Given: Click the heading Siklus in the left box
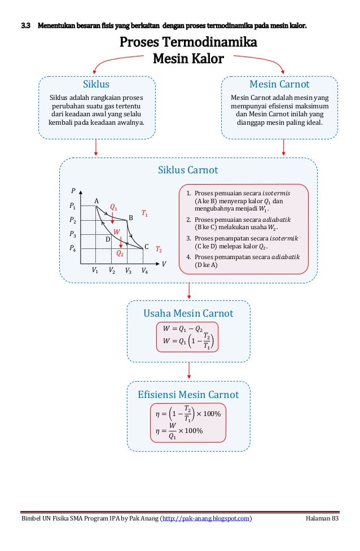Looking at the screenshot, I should click(x=96, y=85).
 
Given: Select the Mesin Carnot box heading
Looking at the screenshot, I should click(x=279, y=85).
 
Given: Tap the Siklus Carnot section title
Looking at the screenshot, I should click(x=188, y=170).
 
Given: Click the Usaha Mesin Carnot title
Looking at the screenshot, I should click(x=188, y=313).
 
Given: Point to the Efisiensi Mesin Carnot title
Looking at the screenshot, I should click(x=188, y=395).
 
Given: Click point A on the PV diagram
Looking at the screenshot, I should click(x=96, y=201).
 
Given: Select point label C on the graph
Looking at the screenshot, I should click(x=146, y=247).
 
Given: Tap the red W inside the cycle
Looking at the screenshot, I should click(x=117, y=232).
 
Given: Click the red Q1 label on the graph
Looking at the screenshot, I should click(x=113, y=208).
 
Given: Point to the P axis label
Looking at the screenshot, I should click(x=73, y=191).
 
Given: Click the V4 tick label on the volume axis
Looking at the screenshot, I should click(x=145, y=270).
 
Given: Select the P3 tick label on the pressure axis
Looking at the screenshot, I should click(x=72, y=234).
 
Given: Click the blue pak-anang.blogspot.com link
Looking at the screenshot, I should click(x=206, y=518).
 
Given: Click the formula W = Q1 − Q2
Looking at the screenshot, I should click(x=182, y=329).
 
